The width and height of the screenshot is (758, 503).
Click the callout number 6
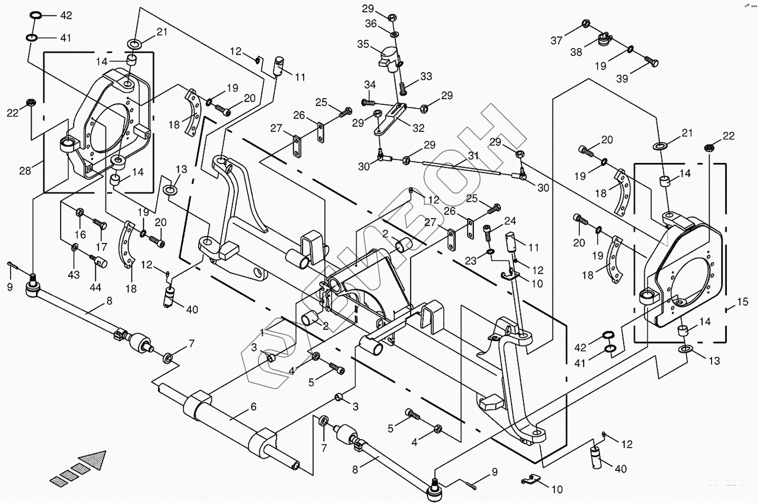click(x=253, y=407)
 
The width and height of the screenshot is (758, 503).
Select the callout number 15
click(x=742, y=302)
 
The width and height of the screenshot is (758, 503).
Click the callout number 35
click(x=363, y=44)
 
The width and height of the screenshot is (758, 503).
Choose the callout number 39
click(x=622, y=79)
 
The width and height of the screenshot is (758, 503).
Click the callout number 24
click(x=510, y=221)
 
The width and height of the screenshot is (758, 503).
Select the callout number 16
click(x=80, y=234)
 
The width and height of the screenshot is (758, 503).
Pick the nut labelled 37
click(x=585, y=23)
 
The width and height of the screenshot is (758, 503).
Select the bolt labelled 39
click(x=653, y=63)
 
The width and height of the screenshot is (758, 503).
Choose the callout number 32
click(x=419, y=128)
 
